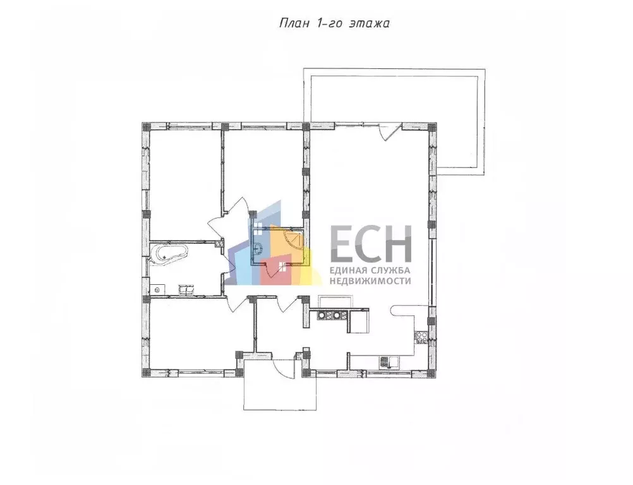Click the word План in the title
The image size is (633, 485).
click(294, 23)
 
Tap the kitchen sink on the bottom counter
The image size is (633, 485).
click(390, 362)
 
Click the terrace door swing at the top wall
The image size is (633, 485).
click(390, 131)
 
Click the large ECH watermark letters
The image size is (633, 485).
click(371, 244)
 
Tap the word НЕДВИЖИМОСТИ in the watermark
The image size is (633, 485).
click(370, 281)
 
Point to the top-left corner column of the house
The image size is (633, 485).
click(146, 126)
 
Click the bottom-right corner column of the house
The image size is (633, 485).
click(432, 373)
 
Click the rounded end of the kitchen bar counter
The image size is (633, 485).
click(395, 310)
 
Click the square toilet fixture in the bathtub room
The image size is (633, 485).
click(158, 289)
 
